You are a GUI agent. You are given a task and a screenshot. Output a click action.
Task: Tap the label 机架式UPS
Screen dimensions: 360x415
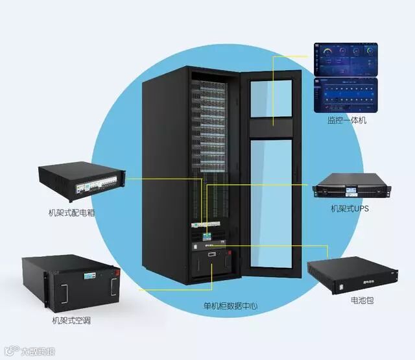350,209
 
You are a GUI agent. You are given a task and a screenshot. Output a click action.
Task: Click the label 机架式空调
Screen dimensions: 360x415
71,320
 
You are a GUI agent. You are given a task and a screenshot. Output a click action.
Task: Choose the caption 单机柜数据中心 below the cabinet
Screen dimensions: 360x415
226,304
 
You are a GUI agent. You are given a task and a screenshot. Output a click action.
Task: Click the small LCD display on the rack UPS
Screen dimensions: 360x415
350,191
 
